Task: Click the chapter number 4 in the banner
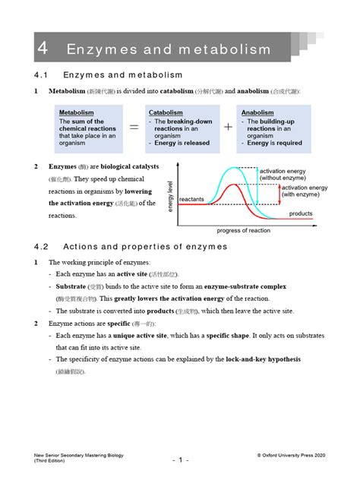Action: coord(43,49)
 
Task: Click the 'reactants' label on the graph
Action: coord(192,199)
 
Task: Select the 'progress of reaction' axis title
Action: coord(244,231)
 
